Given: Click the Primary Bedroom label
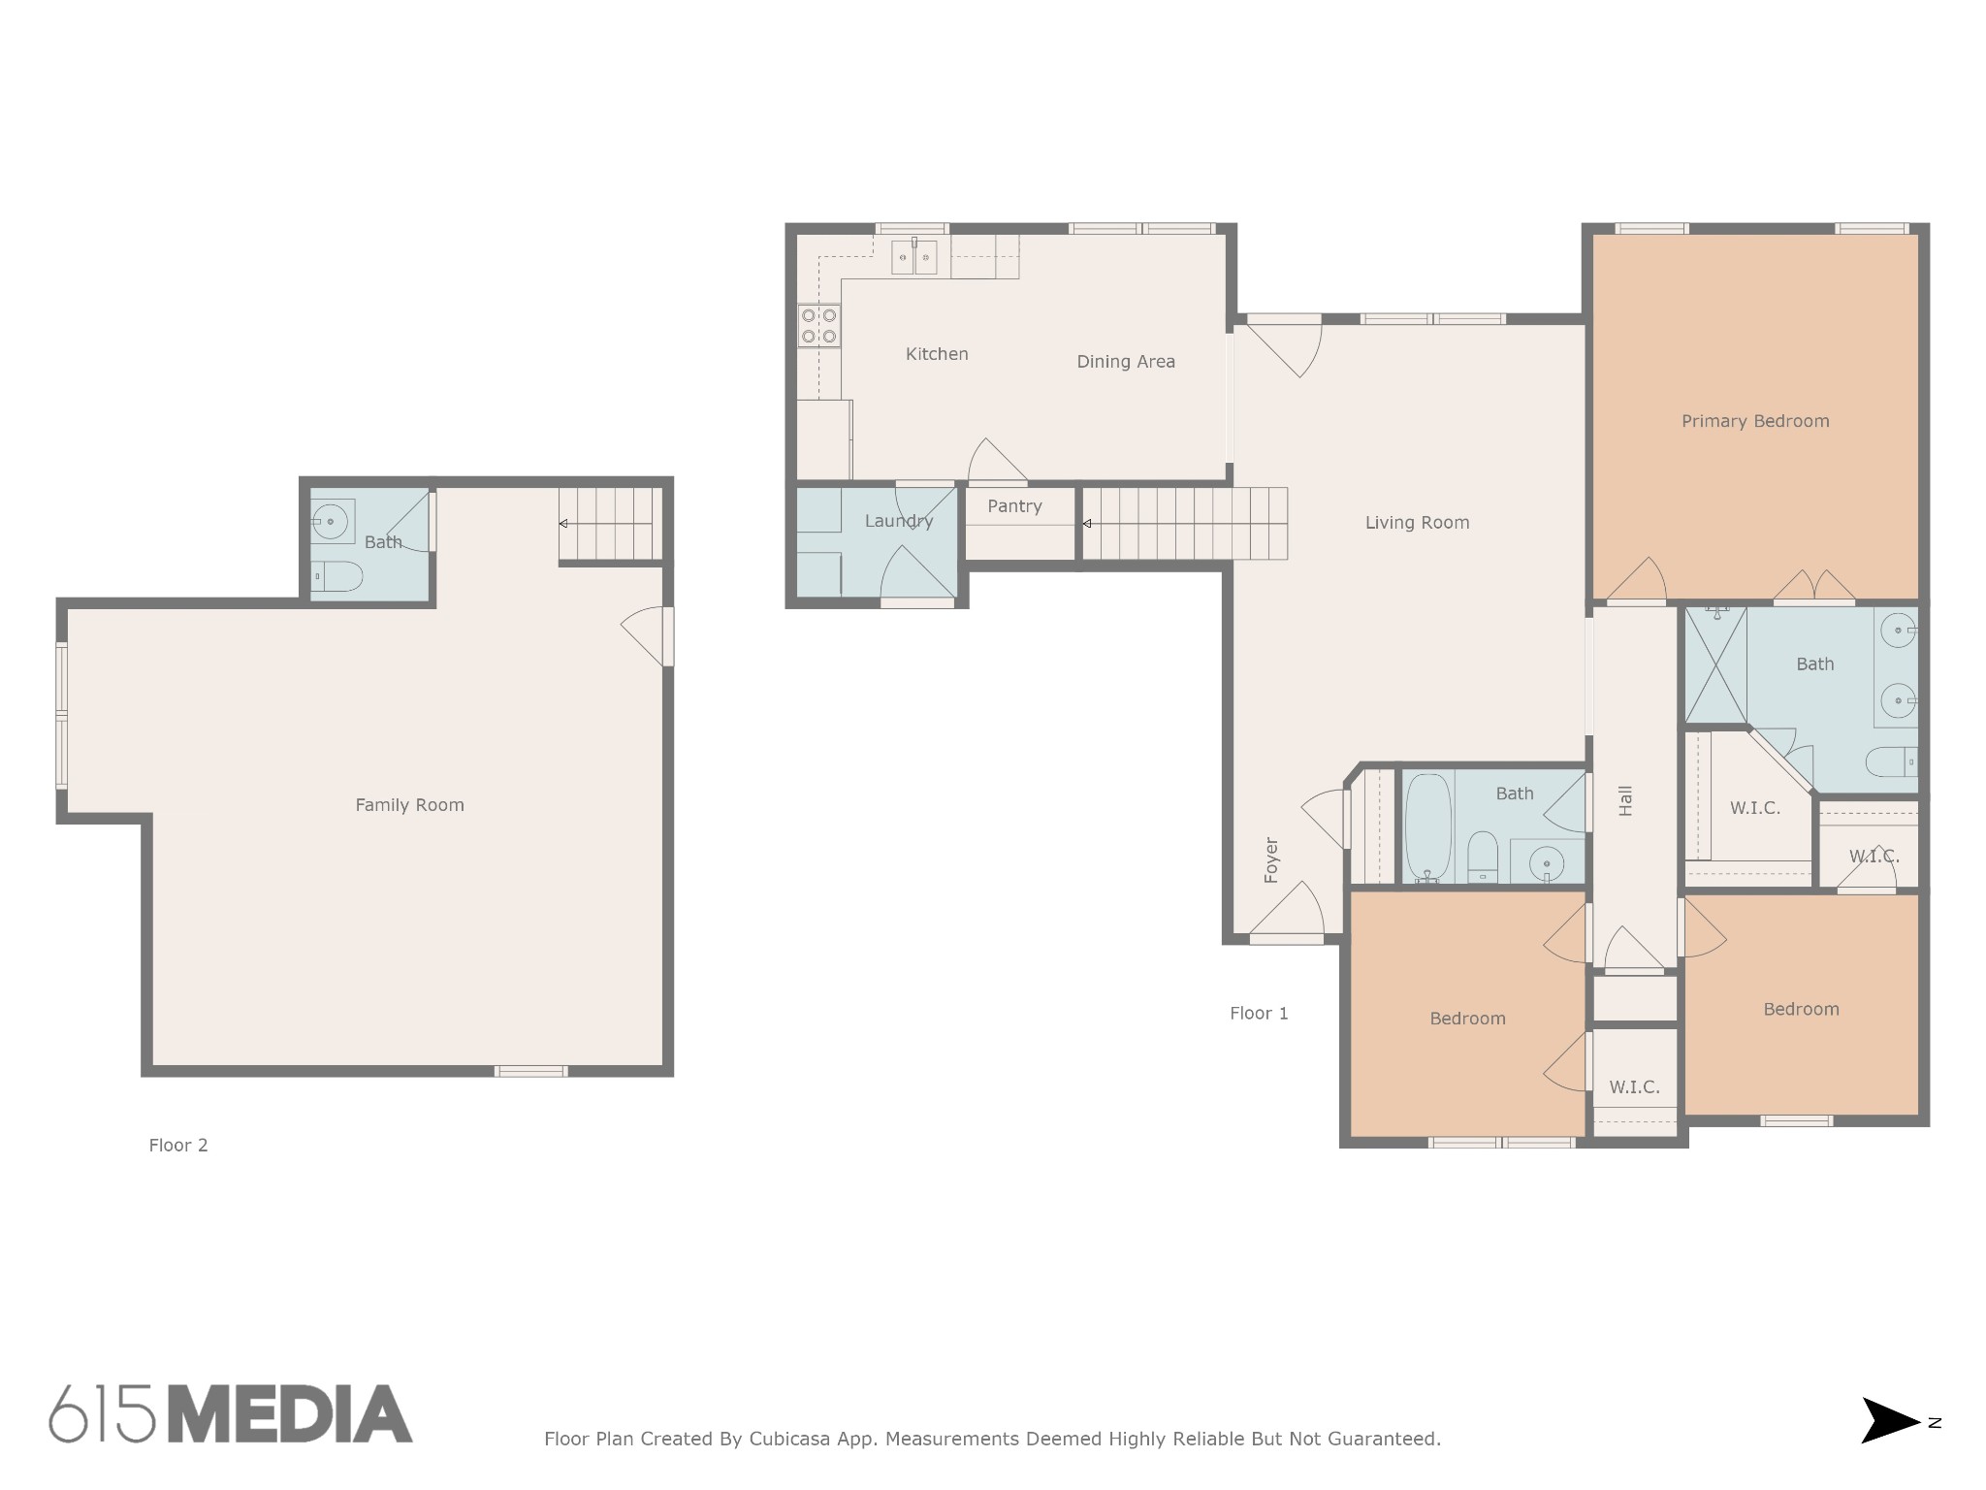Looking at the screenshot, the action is click(1755, 421).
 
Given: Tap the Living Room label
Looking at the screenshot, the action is click(1417, 523).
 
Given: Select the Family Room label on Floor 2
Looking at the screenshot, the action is click(409, 805).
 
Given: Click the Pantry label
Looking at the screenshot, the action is click(1014, 506).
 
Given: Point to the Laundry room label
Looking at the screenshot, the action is click(899, 521).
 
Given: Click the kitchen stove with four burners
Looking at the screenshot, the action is click(819, 325).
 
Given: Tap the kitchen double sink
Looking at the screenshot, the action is click(914, 258).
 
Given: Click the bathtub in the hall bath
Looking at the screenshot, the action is click(1428, 828).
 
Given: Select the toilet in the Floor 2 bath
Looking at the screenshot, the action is click(336, 579).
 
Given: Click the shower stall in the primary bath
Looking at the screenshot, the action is click(1716, 664).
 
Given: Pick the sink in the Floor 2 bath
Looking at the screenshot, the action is click(332, 522).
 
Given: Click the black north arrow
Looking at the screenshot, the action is click(1890, 1447).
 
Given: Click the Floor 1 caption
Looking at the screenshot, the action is click(1259, 1014).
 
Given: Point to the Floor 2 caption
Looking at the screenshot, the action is click(178, 1146).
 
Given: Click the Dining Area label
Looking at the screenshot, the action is click(1126, 362).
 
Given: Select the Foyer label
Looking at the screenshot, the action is click(1271, 860).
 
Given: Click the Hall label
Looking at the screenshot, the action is click(1626, 800).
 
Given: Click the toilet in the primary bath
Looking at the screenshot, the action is click(1892, 762).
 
